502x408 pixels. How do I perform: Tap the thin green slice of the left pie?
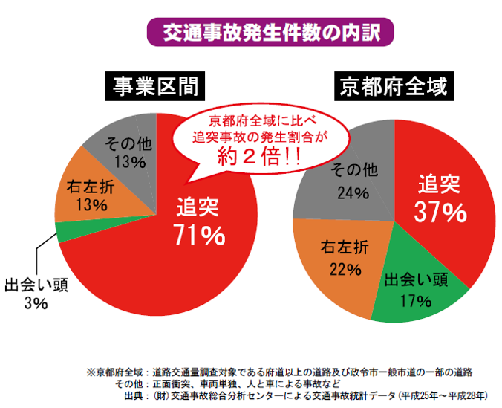click(65, 233)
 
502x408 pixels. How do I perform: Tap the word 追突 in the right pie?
click(440, 184)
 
